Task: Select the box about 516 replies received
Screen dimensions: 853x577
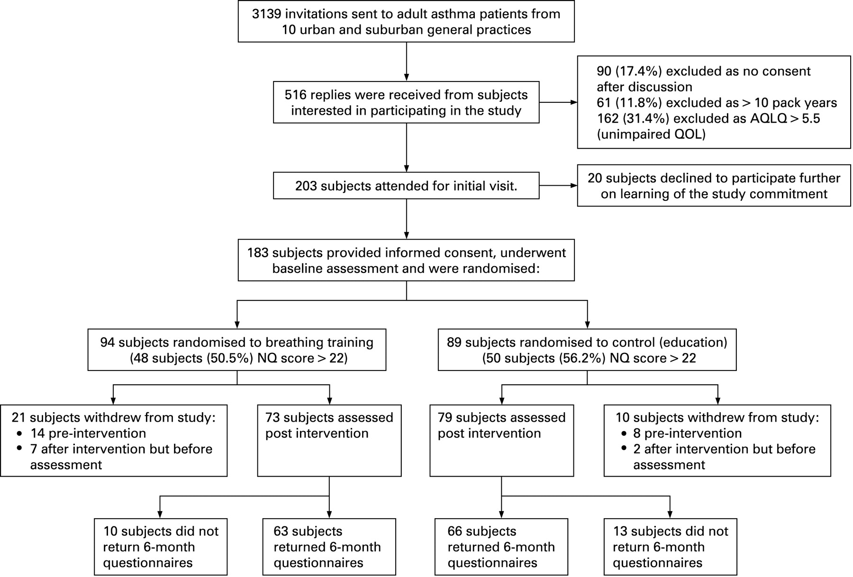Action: coord(406,102)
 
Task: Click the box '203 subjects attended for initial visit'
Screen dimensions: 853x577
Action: coord(406,185)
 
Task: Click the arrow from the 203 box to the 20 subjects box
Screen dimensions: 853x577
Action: coord(558,185)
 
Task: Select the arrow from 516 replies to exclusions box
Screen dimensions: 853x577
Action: coord(558,102)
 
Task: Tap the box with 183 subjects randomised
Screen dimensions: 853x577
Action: coord(406,260)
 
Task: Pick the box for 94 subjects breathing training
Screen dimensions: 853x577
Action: coord(237,350)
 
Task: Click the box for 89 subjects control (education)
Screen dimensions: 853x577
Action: coord(587,350)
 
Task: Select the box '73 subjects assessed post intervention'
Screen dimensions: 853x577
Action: coord(329,441)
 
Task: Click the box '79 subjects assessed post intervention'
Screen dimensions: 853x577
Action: coord(501,441)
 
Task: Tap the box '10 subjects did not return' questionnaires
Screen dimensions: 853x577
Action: coord(160,547)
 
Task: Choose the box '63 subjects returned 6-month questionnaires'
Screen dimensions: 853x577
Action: coord(329,547)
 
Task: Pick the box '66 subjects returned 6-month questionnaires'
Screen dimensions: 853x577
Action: coord(501,547)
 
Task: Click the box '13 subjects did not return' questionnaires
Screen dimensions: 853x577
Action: coord(670,547)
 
